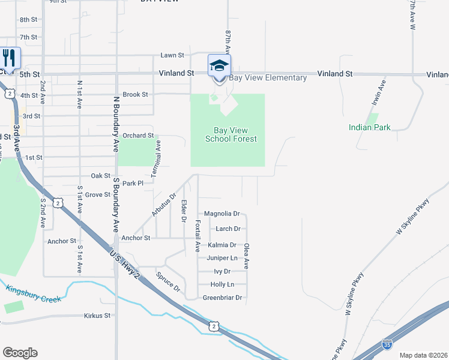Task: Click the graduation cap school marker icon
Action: click(x=219, y=65)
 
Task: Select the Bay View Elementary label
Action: click(x=268, y=78)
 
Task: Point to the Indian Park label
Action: click(x=369, y=127)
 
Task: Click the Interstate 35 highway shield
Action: click(x=388, y=345)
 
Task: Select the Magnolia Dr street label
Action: click(x=221, y=214)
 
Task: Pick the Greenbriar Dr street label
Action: click(x=222, y=298)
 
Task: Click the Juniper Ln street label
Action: click(x=221, y=258)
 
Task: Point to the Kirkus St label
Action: click(x=98, y=315)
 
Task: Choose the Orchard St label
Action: click(x=139, y=136)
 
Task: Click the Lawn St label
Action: click(x=172, y=55)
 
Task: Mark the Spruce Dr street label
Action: click(x=168, y=282)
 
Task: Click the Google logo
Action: click(x=20, y=353)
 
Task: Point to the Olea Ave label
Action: click(x=246, y=255)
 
